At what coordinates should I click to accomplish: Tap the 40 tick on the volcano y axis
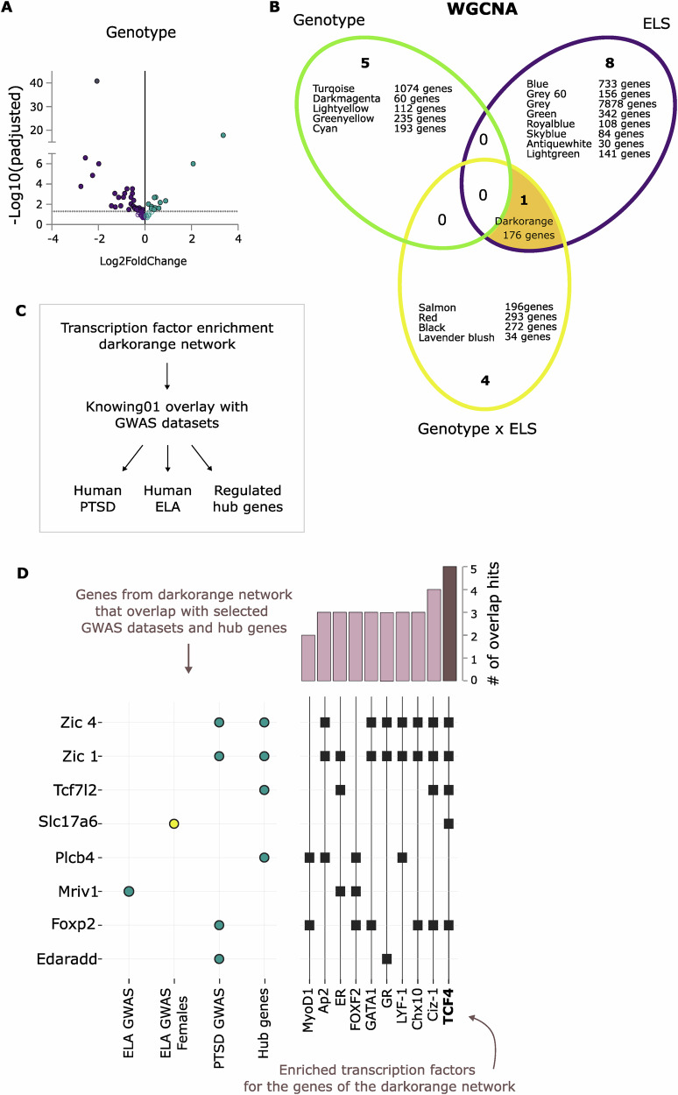pyautogui.click(x=37, y=83)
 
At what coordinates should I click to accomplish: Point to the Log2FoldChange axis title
pyautogui.click(x=145, y=260)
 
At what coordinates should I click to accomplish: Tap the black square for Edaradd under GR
pyautogui.click(x=386, y=958)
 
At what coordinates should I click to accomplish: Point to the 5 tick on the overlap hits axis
pyautogui.click(x=474, y=568)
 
